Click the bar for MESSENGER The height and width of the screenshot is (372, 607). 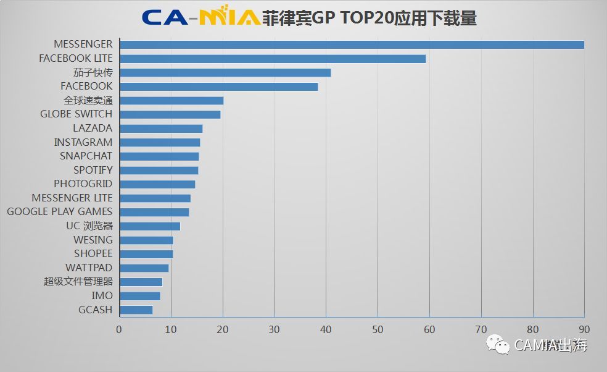352,44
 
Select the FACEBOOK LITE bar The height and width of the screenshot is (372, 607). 273,59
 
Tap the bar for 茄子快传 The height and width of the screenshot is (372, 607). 225,72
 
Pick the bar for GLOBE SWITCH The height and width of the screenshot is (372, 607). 170,114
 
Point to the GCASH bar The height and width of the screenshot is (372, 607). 136,310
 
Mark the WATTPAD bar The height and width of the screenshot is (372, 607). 144,268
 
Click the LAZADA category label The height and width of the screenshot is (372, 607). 93,128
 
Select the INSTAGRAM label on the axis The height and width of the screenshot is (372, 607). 83,142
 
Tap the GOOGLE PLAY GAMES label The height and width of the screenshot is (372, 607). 60,211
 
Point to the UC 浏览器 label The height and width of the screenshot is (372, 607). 89,226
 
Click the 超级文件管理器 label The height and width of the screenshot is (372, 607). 78,282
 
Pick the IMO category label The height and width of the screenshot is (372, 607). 102,296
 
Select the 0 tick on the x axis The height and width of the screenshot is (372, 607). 119,329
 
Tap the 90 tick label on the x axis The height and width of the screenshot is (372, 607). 584,329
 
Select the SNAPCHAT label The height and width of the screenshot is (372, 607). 86,156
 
